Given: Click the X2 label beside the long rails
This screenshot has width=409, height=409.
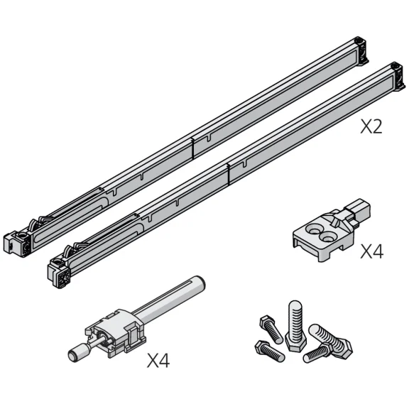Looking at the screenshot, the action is (x=371, y=126).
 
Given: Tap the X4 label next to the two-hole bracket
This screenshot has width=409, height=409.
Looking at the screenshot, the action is (x=371, y=251).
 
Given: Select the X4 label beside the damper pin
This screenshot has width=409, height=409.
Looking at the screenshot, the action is (x=158, y=361).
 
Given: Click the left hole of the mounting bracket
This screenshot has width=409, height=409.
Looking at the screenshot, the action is (x=315, y=230).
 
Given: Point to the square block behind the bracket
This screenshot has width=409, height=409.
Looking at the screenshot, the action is (x=359, y=210).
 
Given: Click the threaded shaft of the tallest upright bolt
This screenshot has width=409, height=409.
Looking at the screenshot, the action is (x=295, y=319).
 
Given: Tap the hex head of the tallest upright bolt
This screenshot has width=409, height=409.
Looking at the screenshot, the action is (x=296, y=342).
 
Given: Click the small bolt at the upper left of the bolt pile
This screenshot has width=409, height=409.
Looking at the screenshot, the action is (x=271, y=329).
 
